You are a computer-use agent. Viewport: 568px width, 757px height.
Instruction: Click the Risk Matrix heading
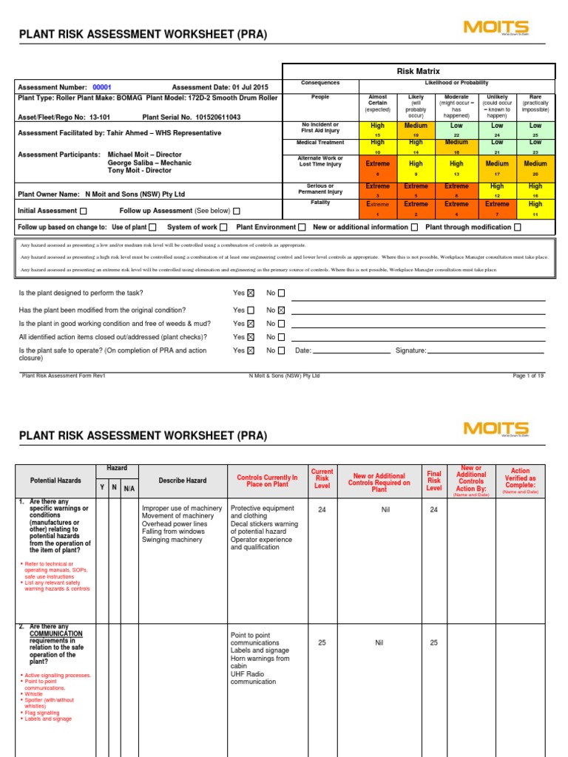click(x=419, y=71)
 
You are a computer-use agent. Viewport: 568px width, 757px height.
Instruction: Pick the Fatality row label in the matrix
click(x=320, y=202)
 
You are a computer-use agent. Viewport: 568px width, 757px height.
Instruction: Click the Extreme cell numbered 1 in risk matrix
click(x=377, y=208)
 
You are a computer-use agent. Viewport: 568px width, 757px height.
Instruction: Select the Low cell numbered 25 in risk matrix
click(x=535, y=130)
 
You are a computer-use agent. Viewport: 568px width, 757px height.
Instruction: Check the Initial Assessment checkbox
click(x=83, y=211)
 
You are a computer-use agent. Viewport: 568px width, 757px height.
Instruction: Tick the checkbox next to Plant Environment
click(x=302, y=227)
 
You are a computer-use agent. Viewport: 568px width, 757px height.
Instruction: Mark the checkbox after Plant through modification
click(x=517, y=227)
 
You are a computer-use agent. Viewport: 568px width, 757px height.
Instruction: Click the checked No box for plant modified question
click(x=281, y=310)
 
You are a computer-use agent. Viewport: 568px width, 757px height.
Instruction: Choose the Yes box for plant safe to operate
click(x=251, y=350)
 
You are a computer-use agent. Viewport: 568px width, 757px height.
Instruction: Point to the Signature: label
click(x=411, y=350)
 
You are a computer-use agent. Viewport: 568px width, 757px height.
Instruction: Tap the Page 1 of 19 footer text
click(x=528, y=376)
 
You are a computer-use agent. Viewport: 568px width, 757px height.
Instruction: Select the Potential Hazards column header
click(x=55, y=481)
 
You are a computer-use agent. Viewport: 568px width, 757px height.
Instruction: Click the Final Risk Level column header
click(x=434, y=481)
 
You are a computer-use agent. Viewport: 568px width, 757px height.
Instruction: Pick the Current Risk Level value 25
click(x=322, y=642)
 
